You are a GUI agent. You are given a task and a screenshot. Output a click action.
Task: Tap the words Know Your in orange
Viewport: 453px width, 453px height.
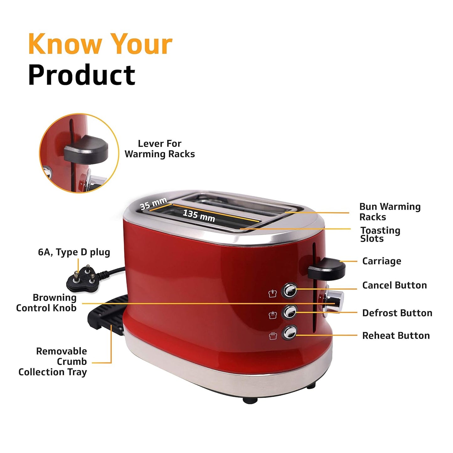[100, 44]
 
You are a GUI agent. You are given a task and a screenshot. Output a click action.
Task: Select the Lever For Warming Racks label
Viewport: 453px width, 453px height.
[160, 149]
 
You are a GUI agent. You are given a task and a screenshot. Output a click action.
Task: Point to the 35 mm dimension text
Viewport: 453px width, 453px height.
[153, 203]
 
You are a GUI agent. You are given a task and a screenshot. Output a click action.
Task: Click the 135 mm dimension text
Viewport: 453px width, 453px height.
[199, 216]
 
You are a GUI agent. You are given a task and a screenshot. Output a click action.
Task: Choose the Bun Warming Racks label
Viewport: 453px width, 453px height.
[390, 212]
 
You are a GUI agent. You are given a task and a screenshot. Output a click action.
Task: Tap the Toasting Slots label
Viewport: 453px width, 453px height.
[380, 234]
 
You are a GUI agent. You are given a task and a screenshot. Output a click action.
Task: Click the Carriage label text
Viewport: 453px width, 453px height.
[382, 261]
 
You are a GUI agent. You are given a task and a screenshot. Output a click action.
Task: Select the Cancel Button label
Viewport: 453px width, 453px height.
[394, 285]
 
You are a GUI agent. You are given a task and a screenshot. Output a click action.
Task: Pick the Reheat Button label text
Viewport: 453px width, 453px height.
[396, 335]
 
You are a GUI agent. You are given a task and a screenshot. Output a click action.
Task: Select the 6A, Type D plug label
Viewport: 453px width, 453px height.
[74, 252]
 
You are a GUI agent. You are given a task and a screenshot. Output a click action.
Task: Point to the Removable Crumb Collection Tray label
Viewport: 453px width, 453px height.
[53, 361]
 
